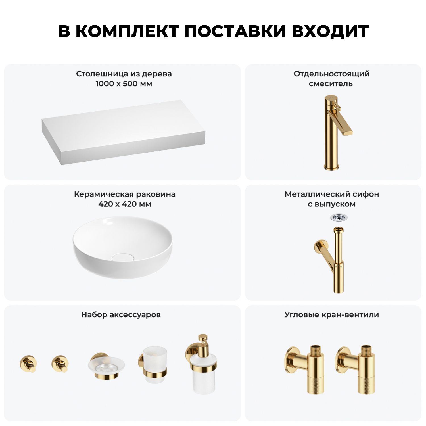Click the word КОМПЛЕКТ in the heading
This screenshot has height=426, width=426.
(x=127, y=31)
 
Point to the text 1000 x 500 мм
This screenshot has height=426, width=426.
(x=124, y=84)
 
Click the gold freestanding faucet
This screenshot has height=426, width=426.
(x=335, y=133)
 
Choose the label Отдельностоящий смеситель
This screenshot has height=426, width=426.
(x=331, y=79)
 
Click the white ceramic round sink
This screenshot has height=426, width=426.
(x=122, y=247)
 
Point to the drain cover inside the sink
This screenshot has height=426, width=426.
(x=122, y=257)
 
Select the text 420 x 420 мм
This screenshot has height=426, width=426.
(x=125, y=204)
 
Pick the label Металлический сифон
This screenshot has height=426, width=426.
(x=332, y=194)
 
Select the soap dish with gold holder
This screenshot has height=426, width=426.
(x=106, y=366)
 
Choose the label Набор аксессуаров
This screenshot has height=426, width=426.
(x=121, y=315)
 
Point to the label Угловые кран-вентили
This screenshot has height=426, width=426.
(x=332, y=315)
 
